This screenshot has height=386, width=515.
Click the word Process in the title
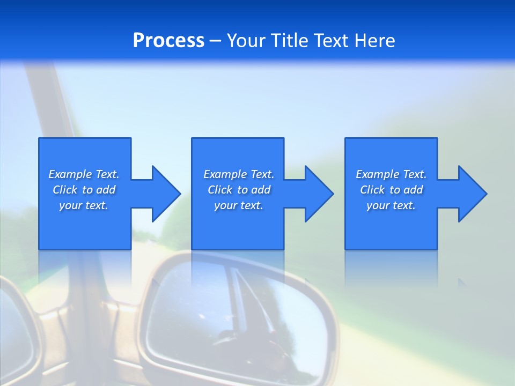168,41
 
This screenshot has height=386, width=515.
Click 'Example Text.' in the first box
84,174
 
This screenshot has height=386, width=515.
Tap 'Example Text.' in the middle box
239,174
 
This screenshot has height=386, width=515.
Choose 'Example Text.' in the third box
391,174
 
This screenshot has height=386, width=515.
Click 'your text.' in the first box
84,205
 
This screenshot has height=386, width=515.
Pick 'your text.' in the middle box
239,205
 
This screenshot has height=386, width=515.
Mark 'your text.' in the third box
391,205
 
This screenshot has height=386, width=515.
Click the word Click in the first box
65,190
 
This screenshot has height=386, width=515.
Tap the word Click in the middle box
220,190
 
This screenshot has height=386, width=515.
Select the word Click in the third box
372,190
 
